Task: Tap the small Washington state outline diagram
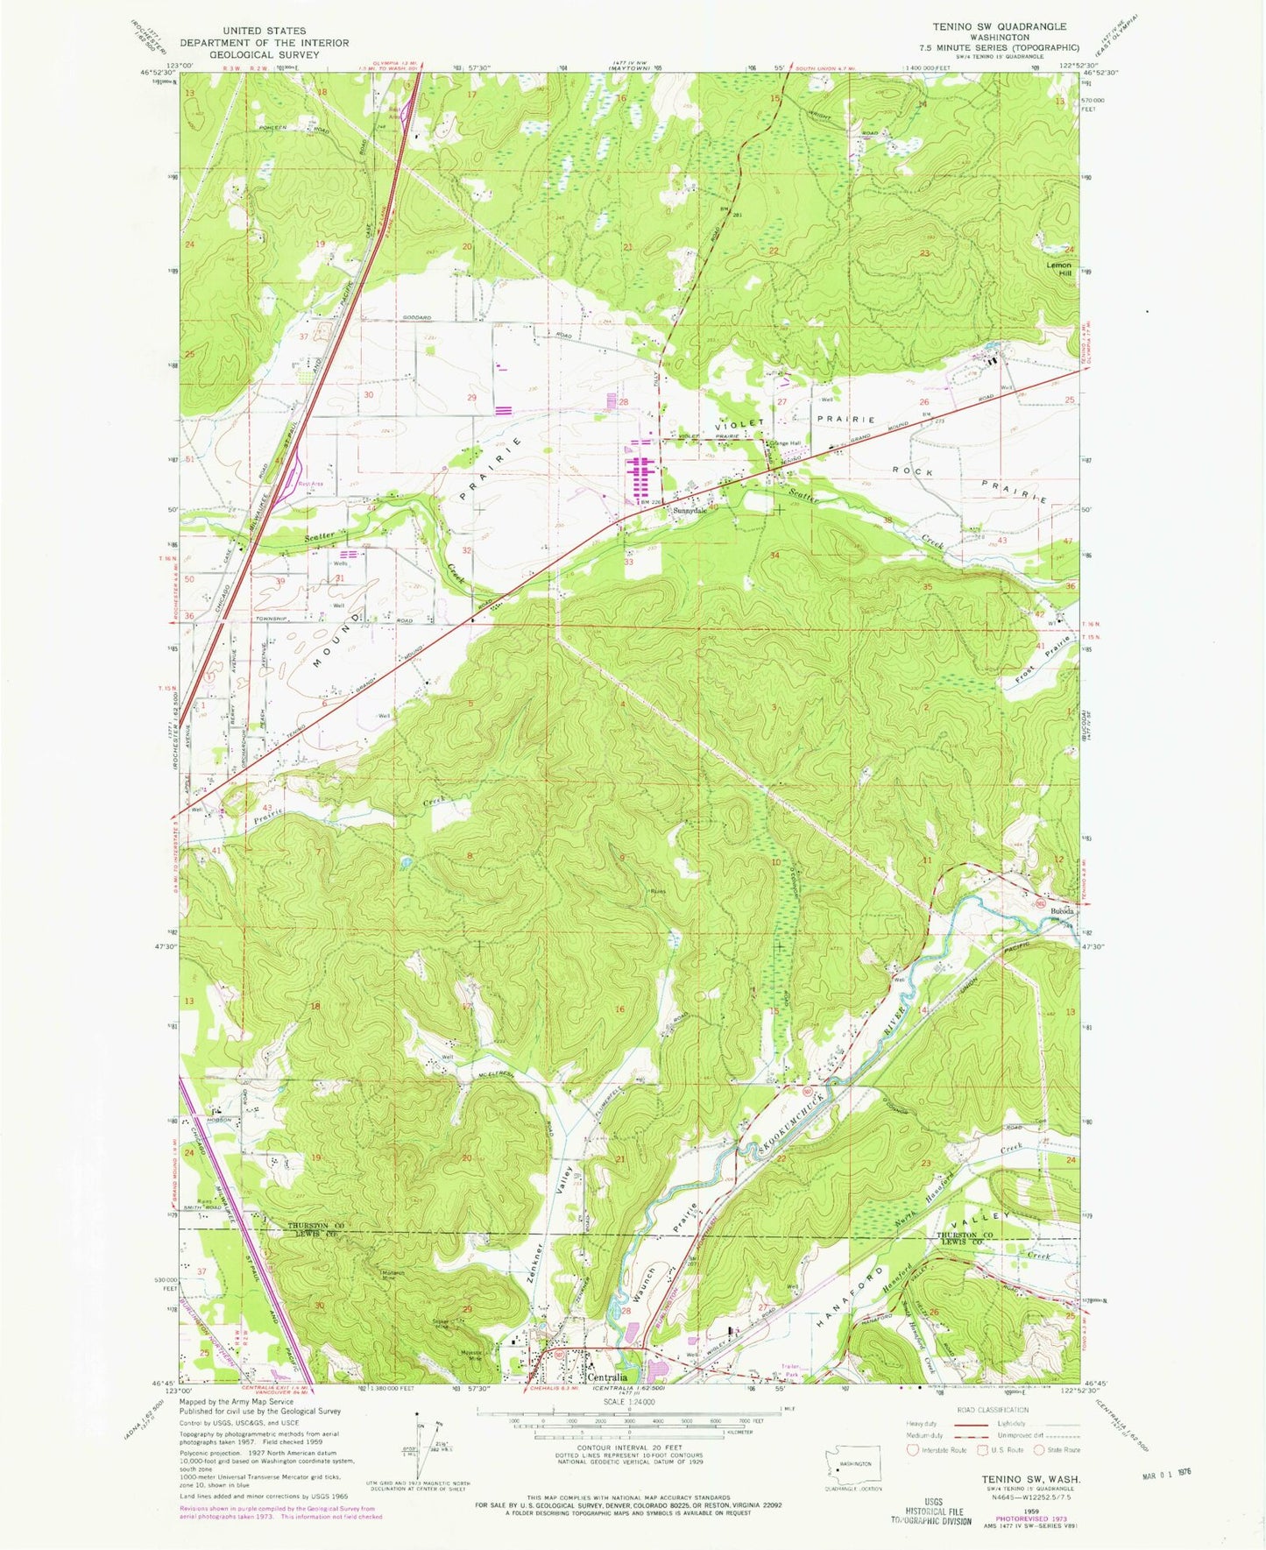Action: (x=854, y=1464)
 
